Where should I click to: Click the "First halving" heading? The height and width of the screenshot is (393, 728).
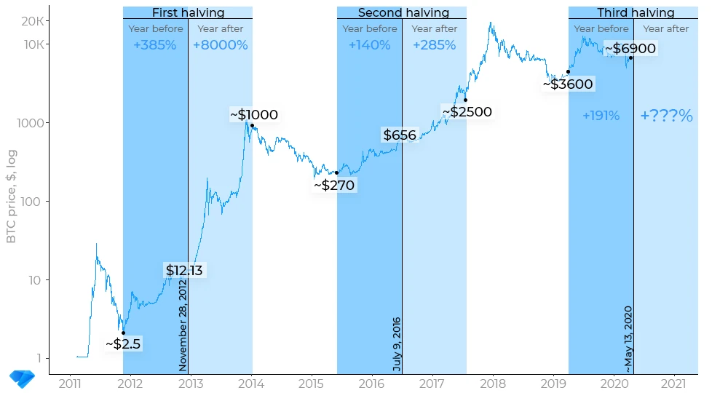(188, 12)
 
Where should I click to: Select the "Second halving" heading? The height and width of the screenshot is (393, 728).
(403, 12)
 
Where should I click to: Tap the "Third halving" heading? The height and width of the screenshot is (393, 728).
(635, 12)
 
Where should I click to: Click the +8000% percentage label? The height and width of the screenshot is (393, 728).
(220, 45)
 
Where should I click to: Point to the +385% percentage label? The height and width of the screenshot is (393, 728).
(154, 45)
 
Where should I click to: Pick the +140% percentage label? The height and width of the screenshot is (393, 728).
(369, 45)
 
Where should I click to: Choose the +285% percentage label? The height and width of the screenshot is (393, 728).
(434, 45)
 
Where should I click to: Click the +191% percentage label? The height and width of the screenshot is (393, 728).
(601, 116)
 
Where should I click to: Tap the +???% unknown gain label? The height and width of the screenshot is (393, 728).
(666, 116)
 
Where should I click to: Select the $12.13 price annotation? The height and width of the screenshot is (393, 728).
(184, 271)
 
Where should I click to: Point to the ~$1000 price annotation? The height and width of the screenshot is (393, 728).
(254, 115)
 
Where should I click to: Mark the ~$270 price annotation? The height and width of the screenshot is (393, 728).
(334, 186)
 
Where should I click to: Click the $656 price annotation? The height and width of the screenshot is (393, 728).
(400, 135)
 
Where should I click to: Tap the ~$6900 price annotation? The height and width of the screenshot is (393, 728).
(630, 49)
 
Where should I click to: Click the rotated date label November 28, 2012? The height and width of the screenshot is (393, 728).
(183, 325)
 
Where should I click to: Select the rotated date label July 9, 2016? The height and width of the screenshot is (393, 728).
(397, 344)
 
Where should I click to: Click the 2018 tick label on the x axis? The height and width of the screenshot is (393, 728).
(494, 384)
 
